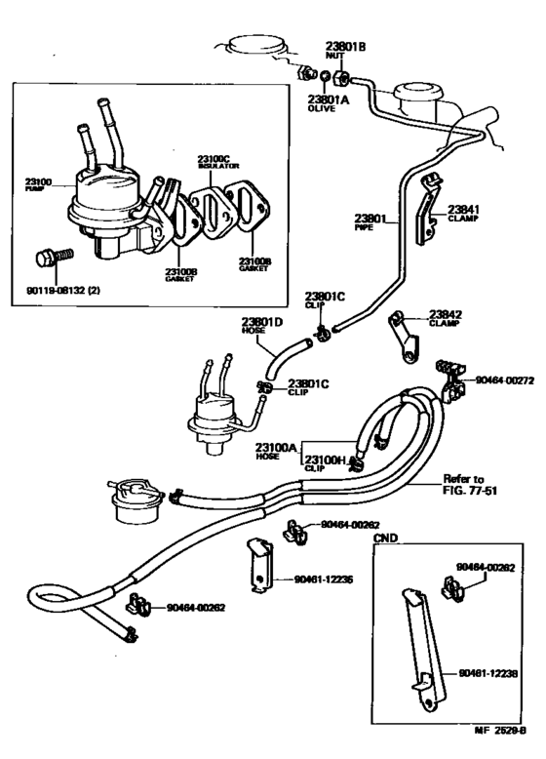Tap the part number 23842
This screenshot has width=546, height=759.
click(x=443, y=315)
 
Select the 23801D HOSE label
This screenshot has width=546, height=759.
click(x=260, y=325)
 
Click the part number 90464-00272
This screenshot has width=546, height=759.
click(x=505, y=380)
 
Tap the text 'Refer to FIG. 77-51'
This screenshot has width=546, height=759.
click(x=464, y=485)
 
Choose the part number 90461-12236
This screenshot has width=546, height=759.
click(x=324, y=579)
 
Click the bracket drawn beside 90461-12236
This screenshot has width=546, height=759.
click(x=260, y=564)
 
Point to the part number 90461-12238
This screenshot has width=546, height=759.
click(x=485, y=673)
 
